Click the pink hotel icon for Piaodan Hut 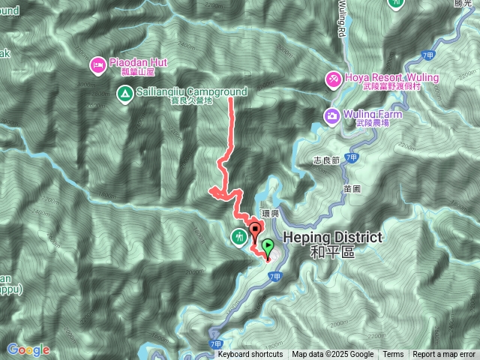(98, 65)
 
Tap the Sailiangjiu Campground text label (181, 93)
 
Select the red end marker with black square (255, 230)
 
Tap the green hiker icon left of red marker (239, 237)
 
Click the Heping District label (333, 237)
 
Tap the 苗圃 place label (352, 190)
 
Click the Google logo (28, 349)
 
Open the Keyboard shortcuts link (250, 355)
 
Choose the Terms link (393, 355)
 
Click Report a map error (444, 355)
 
